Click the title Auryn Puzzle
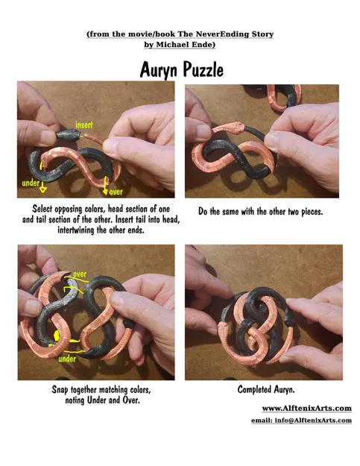coord(181,69)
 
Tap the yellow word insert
coord(84,124)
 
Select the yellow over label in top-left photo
coord(116,192)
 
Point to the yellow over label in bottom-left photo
coord(79,274)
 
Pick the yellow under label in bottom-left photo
coord(67,359)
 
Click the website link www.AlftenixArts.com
coord(306,408)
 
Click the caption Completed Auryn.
coord(266,389)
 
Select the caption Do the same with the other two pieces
coord(260,211)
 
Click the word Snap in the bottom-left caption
coord(63,389)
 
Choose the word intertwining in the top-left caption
coord(82,230)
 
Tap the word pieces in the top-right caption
coord(306,211)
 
